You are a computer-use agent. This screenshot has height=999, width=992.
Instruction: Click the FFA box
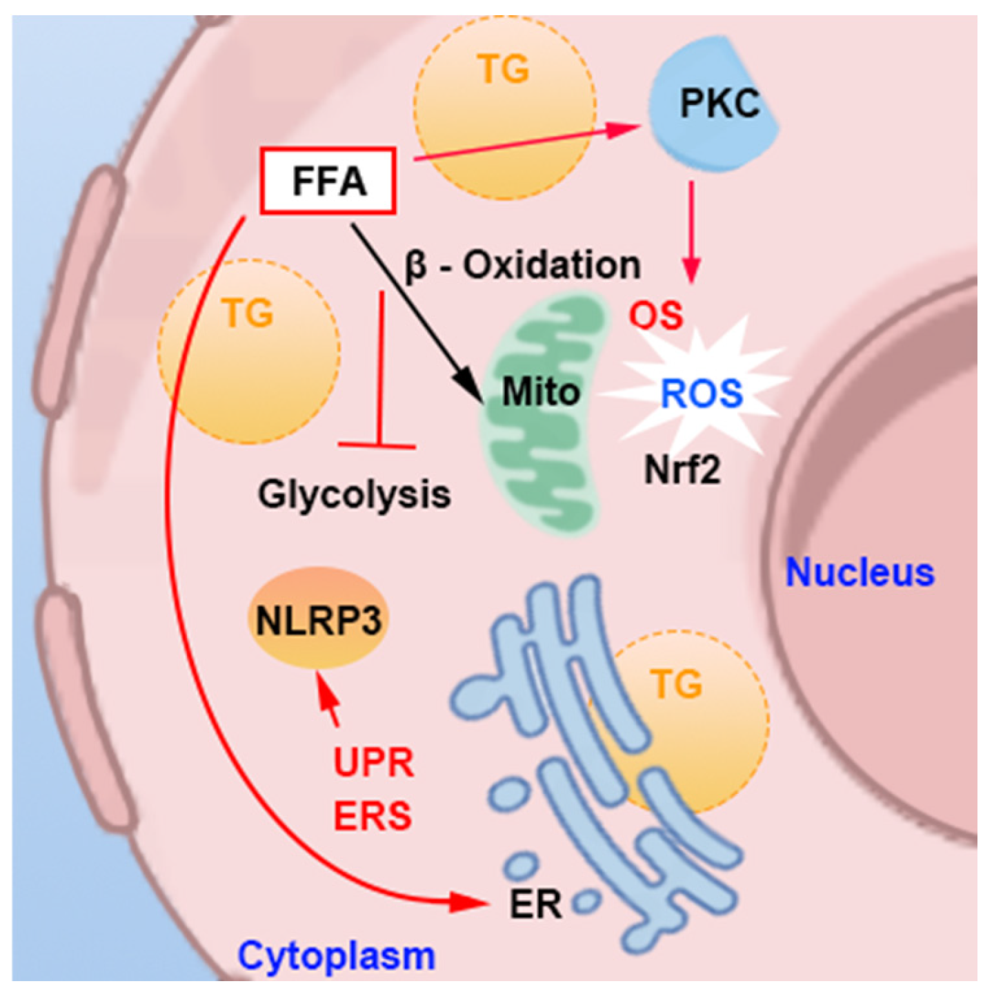(x=328, y=180)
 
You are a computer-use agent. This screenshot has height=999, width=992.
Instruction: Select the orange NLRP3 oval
(x=318, y=619)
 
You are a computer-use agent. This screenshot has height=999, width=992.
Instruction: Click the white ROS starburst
(x=701, y=393)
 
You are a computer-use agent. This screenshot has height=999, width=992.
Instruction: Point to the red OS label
(x=655, y=316)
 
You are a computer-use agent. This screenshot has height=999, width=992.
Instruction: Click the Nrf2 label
(x=682, y=470)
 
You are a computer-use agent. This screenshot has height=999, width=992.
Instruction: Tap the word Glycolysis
(x=355, y=494)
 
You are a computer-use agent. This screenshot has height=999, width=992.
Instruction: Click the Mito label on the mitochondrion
(x=541, y=392)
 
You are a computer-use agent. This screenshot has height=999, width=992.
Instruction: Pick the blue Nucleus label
(x=860, y=572)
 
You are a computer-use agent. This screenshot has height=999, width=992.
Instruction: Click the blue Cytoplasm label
(x=336, y=956)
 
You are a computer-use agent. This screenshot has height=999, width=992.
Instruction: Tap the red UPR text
(x=374, y=763)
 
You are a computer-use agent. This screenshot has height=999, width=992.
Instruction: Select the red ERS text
(x=373, y=816)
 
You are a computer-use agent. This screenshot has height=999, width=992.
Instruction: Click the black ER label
(x=535, y=903)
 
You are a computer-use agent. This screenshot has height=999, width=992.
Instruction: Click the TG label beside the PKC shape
(x=504, y=70)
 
